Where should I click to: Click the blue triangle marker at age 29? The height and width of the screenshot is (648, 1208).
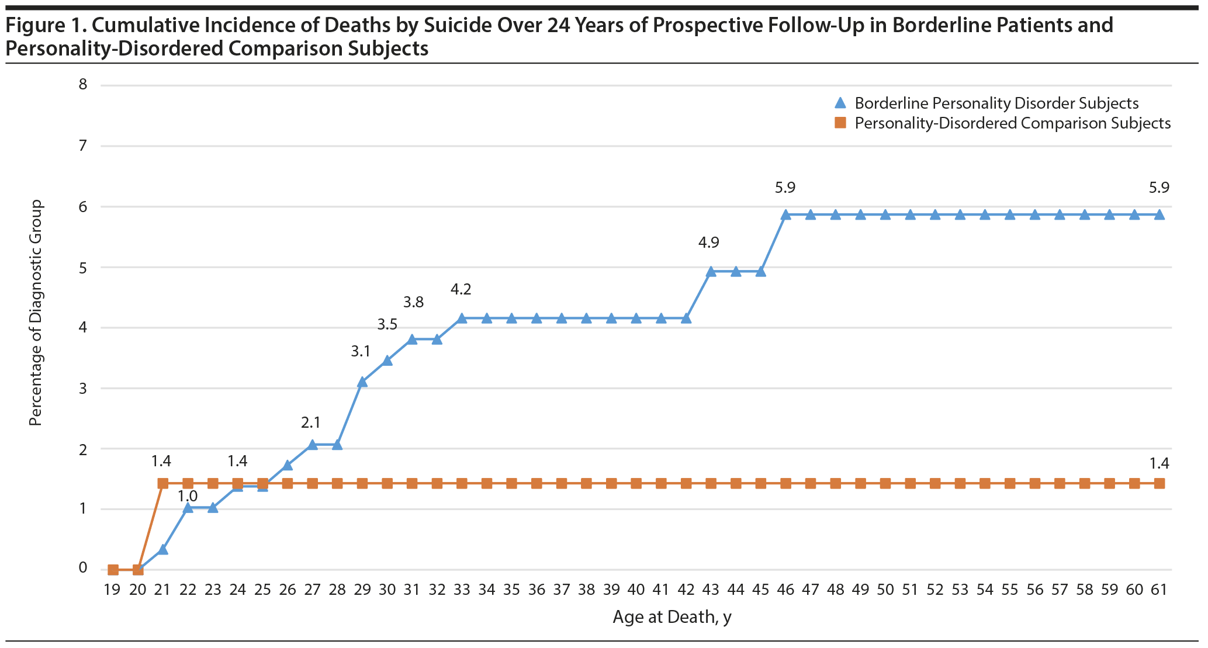pos(362,382)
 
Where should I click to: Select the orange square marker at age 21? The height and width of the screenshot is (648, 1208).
pos(163,483)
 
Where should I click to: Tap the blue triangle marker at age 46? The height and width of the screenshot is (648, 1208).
pos(786,214)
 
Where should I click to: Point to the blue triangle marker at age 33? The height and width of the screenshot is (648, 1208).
pos(462,318)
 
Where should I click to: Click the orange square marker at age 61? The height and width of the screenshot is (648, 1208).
pos(1159,483)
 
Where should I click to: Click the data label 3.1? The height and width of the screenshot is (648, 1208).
pos(361,352)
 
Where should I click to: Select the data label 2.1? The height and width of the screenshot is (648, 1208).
pos(311,422)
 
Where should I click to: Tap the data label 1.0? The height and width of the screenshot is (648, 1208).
pos(188,496)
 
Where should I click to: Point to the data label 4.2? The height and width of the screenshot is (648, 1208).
pos(461,289)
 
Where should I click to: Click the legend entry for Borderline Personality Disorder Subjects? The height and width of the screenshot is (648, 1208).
pos(996,103)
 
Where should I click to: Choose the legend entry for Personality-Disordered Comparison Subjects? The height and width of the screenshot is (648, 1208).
pos(1012,123)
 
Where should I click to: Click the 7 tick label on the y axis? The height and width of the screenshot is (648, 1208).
pos(82,145)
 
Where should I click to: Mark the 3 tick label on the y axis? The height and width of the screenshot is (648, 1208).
pos(82,387)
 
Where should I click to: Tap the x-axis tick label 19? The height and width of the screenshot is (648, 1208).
pos(112,590)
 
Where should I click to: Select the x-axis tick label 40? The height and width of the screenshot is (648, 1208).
pos(636,590)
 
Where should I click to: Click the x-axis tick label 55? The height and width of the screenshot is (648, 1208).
pos(1010,590)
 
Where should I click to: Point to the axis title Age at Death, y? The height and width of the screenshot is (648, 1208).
pos(672,617)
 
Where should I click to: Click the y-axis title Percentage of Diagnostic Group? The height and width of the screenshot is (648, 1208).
pos(36,313)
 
